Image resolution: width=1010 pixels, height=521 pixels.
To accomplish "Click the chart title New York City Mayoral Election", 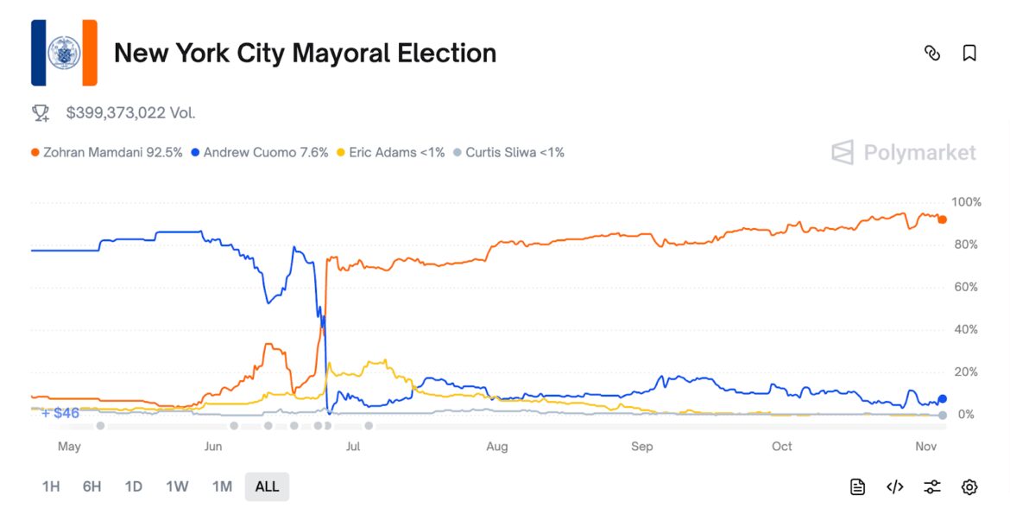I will pos(305,54).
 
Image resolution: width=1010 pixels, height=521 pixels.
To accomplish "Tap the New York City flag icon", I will pos(64,53).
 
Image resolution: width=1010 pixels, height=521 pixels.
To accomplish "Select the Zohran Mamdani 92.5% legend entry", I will pos(107,153).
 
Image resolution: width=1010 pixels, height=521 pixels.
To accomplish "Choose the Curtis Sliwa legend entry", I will pos(508,153).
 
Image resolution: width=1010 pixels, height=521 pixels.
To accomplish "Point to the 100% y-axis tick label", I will pos(966,202).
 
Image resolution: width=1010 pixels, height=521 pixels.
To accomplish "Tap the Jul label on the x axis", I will pos(352,447).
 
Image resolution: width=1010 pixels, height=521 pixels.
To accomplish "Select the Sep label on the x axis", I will pos(641,447).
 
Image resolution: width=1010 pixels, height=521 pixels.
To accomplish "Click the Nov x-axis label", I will pos(925,447).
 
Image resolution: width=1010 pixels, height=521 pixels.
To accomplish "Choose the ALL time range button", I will pos(267,486).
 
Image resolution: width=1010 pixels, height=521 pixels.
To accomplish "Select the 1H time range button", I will pos(51,486).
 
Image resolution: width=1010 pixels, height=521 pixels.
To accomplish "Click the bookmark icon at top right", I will pos(969,54).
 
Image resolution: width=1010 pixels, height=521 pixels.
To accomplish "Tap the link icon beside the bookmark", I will pos(932,54).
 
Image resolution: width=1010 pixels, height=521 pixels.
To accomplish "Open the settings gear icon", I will pos(969,487).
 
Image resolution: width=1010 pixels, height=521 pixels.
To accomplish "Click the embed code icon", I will pos(895,487).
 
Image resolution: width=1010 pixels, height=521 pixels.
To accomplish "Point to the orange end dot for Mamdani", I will pos(942,219).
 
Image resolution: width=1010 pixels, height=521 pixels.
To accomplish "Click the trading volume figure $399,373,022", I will pos(129,112).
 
